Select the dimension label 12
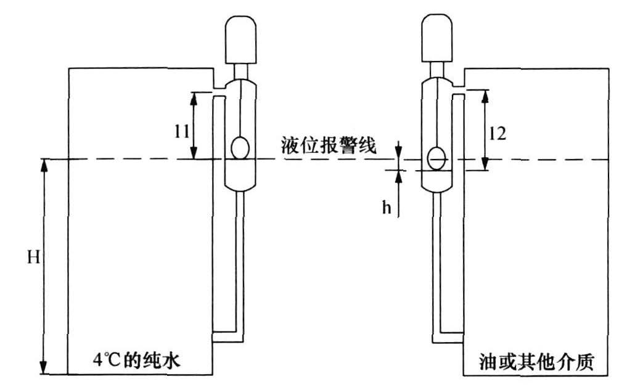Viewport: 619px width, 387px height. [497, 134]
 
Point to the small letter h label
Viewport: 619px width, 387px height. [387, 208]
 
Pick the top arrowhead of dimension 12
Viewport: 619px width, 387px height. [485, 94]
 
